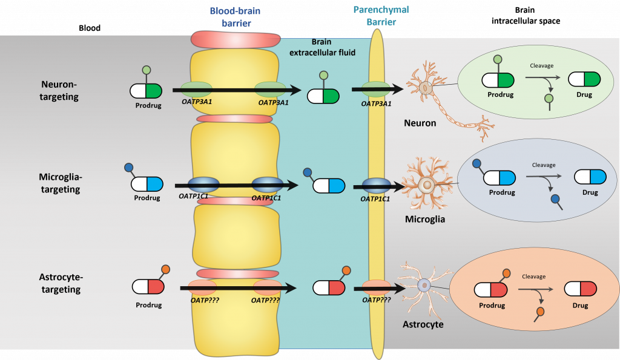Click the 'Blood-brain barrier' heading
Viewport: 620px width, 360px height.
[230, 17]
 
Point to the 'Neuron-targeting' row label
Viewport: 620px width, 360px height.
[60, 90]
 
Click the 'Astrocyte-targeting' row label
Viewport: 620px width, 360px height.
[60, 283]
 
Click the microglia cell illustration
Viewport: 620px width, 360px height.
[427, 185]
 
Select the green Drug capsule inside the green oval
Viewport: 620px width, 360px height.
[582, 80]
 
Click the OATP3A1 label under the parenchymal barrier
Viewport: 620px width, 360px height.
[377, 103]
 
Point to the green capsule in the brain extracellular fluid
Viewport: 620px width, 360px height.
[323, 96]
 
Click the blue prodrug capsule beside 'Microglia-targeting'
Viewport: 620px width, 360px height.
[147, 184]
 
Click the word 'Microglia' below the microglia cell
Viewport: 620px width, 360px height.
[425, 219]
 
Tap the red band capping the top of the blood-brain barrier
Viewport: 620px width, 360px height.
[236, 40]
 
